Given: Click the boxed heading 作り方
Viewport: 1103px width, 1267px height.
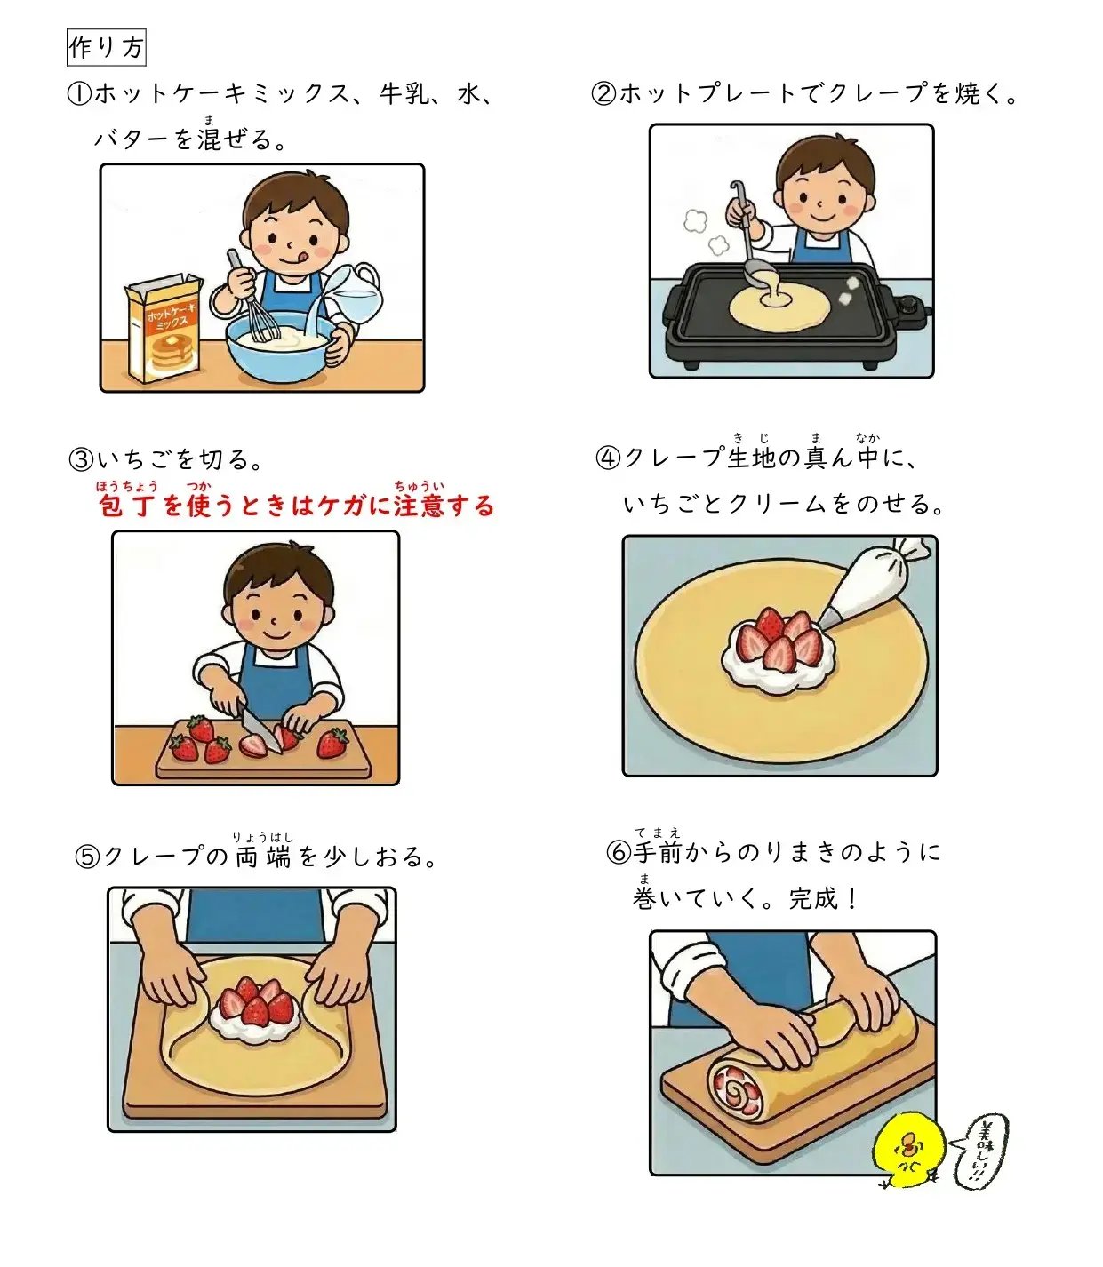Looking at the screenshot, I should tap(106, 48).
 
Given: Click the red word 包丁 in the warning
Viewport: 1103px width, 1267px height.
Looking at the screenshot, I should tap(125, 506).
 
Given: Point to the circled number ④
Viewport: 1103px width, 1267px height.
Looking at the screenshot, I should tap(608, 458).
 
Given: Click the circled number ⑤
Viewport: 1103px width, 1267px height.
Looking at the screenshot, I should tap(87, 857).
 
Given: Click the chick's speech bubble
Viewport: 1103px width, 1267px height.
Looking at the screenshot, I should tap(981, 1150).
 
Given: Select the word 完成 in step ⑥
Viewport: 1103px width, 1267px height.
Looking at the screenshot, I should tap(813, 899).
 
